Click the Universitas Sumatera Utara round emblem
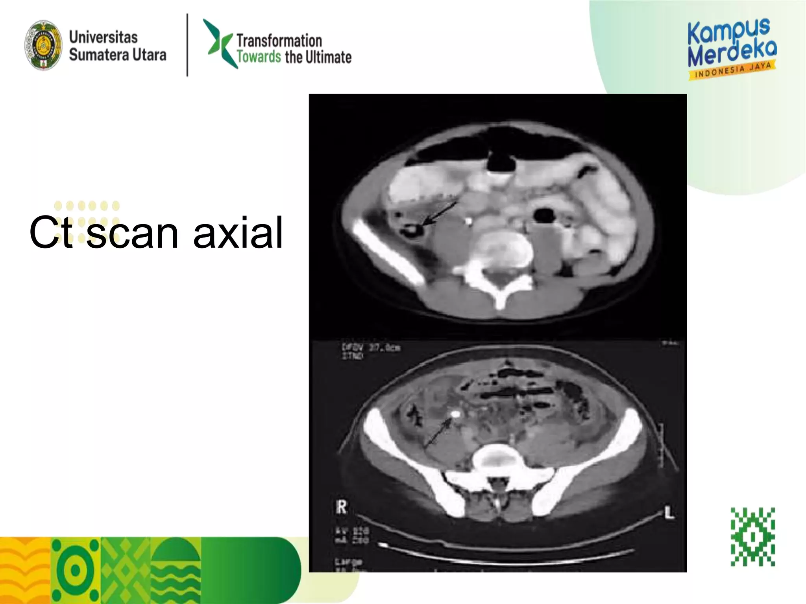point(43,45)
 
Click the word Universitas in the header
point(103,37)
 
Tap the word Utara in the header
point(149,55)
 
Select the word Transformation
point(279,41)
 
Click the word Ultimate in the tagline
point(329,57)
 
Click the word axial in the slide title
point(238,233)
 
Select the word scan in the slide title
point(132,233)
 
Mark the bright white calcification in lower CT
point(456,414)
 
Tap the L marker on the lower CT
point(669,513)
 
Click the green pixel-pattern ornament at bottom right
point(752,536)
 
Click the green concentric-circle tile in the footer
point(76,570)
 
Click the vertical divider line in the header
point(187,45)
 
